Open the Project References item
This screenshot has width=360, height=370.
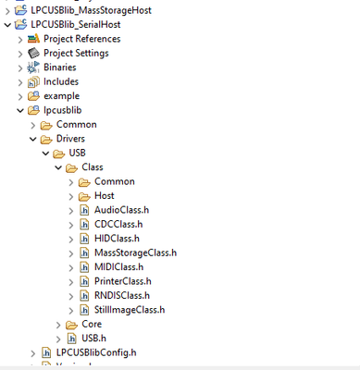tap(81, 39)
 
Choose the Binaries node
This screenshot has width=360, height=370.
tap(59, 68)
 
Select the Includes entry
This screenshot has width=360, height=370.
tap(60, 81)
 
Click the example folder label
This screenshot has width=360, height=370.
tap(61, 95)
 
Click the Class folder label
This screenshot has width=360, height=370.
tap(93, 167)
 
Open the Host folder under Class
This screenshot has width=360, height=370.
tap(105, 196)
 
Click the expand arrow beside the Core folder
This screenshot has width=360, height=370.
tap(57, 325)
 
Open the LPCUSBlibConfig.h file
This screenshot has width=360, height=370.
tap(95, 352)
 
